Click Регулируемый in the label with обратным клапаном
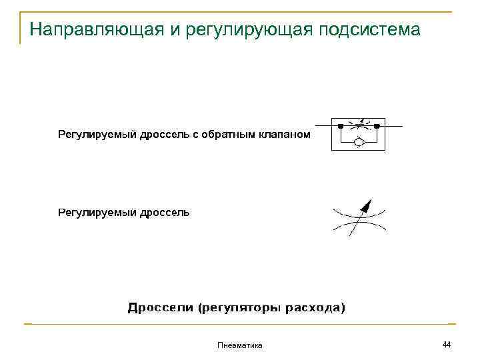97,135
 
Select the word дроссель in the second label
165,213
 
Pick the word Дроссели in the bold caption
159,308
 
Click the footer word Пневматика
240,345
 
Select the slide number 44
447,344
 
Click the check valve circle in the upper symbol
359,141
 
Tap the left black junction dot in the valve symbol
341,126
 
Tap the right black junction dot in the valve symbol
377,126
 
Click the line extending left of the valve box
323,126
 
